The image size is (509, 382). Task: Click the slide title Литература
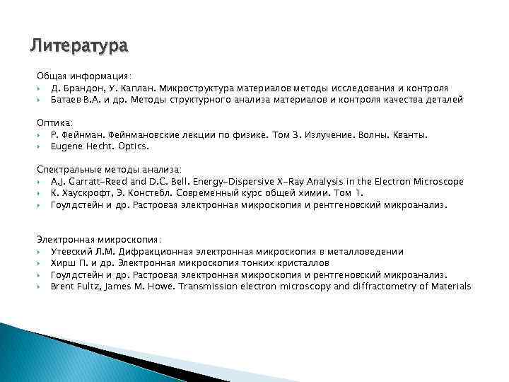pyautogui.click(x=79, y=47)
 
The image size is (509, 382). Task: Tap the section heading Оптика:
pyautogui.click(x=56, y=122)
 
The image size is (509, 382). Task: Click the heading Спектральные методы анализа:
pyautogui.click(x=109, y=169)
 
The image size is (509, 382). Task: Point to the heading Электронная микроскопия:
pyautogui.click(x=99, y=239)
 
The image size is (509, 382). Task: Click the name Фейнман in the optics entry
pyautogui.click(x=84, y=134)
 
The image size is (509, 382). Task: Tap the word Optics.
pyautogui.click(x=133, y=146)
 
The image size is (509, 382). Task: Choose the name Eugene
pyautogui.click(x=67, y=146)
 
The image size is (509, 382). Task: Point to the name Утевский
pyautogui.click(x=71, y=251)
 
